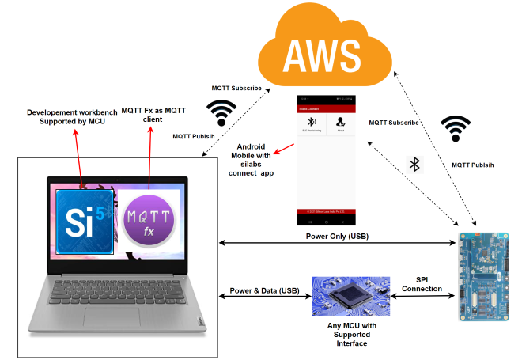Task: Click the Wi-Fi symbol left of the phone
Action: coord(221,112)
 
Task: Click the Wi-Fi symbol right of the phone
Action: coord(456,127)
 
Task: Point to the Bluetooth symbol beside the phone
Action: coord(414,164)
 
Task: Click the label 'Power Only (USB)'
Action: coord(338,236)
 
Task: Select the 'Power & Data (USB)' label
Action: coord(266,290)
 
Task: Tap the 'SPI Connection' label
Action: coord(422,285)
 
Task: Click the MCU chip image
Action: coord(350,297)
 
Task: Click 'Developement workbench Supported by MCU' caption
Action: coord(68,116)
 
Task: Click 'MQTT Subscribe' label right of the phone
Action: coord(394,123)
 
